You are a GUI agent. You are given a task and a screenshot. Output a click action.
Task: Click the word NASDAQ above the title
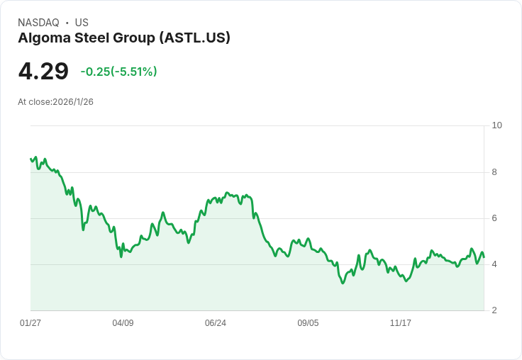click(x=38, y=23)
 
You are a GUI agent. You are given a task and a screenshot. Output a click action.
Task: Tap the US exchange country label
click(x=82, y=23)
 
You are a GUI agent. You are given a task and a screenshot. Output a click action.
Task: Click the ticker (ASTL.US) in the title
click(x=195, y=38)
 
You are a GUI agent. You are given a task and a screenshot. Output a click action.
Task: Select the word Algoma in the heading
click(x=44, y=38)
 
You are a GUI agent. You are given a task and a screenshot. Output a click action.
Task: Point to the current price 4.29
click(x=43, y=71)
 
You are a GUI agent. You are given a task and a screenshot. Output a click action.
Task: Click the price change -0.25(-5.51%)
click(x=118, y=72)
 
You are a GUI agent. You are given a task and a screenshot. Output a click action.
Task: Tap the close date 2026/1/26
click(x=73, y=102)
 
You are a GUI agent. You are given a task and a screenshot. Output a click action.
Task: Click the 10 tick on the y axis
click(x=496, y=125)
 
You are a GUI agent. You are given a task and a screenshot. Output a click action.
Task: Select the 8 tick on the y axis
click(x=494, y=172)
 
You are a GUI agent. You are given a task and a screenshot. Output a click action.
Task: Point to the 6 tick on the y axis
click(x=494, y=218)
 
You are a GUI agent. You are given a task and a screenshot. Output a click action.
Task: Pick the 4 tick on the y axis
click(x=494, y=264)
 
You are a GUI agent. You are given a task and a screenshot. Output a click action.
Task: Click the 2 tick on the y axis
click(x=494, y=310)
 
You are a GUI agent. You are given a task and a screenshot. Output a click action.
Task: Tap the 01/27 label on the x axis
click(x=30, y=323)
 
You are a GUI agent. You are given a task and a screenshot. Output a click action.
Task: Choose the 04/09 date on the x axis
click(x=123, y=323)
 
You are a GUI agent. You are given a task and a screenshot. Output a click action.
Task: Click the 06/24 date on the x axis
click(x=216, y=323)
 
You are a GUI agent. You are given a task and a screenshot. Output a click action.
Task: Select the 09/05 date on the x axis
click(x=308, y=323)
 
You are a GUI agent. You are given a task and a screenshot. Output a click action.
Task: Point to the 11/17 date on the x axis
click(x=401, y=323)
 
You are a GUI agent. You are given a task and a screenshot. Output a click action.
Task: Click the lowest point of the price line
click(x=343, y=283)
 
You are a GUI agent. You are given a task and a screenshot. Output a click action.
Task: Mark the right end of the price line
click(x=484, y=257)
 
